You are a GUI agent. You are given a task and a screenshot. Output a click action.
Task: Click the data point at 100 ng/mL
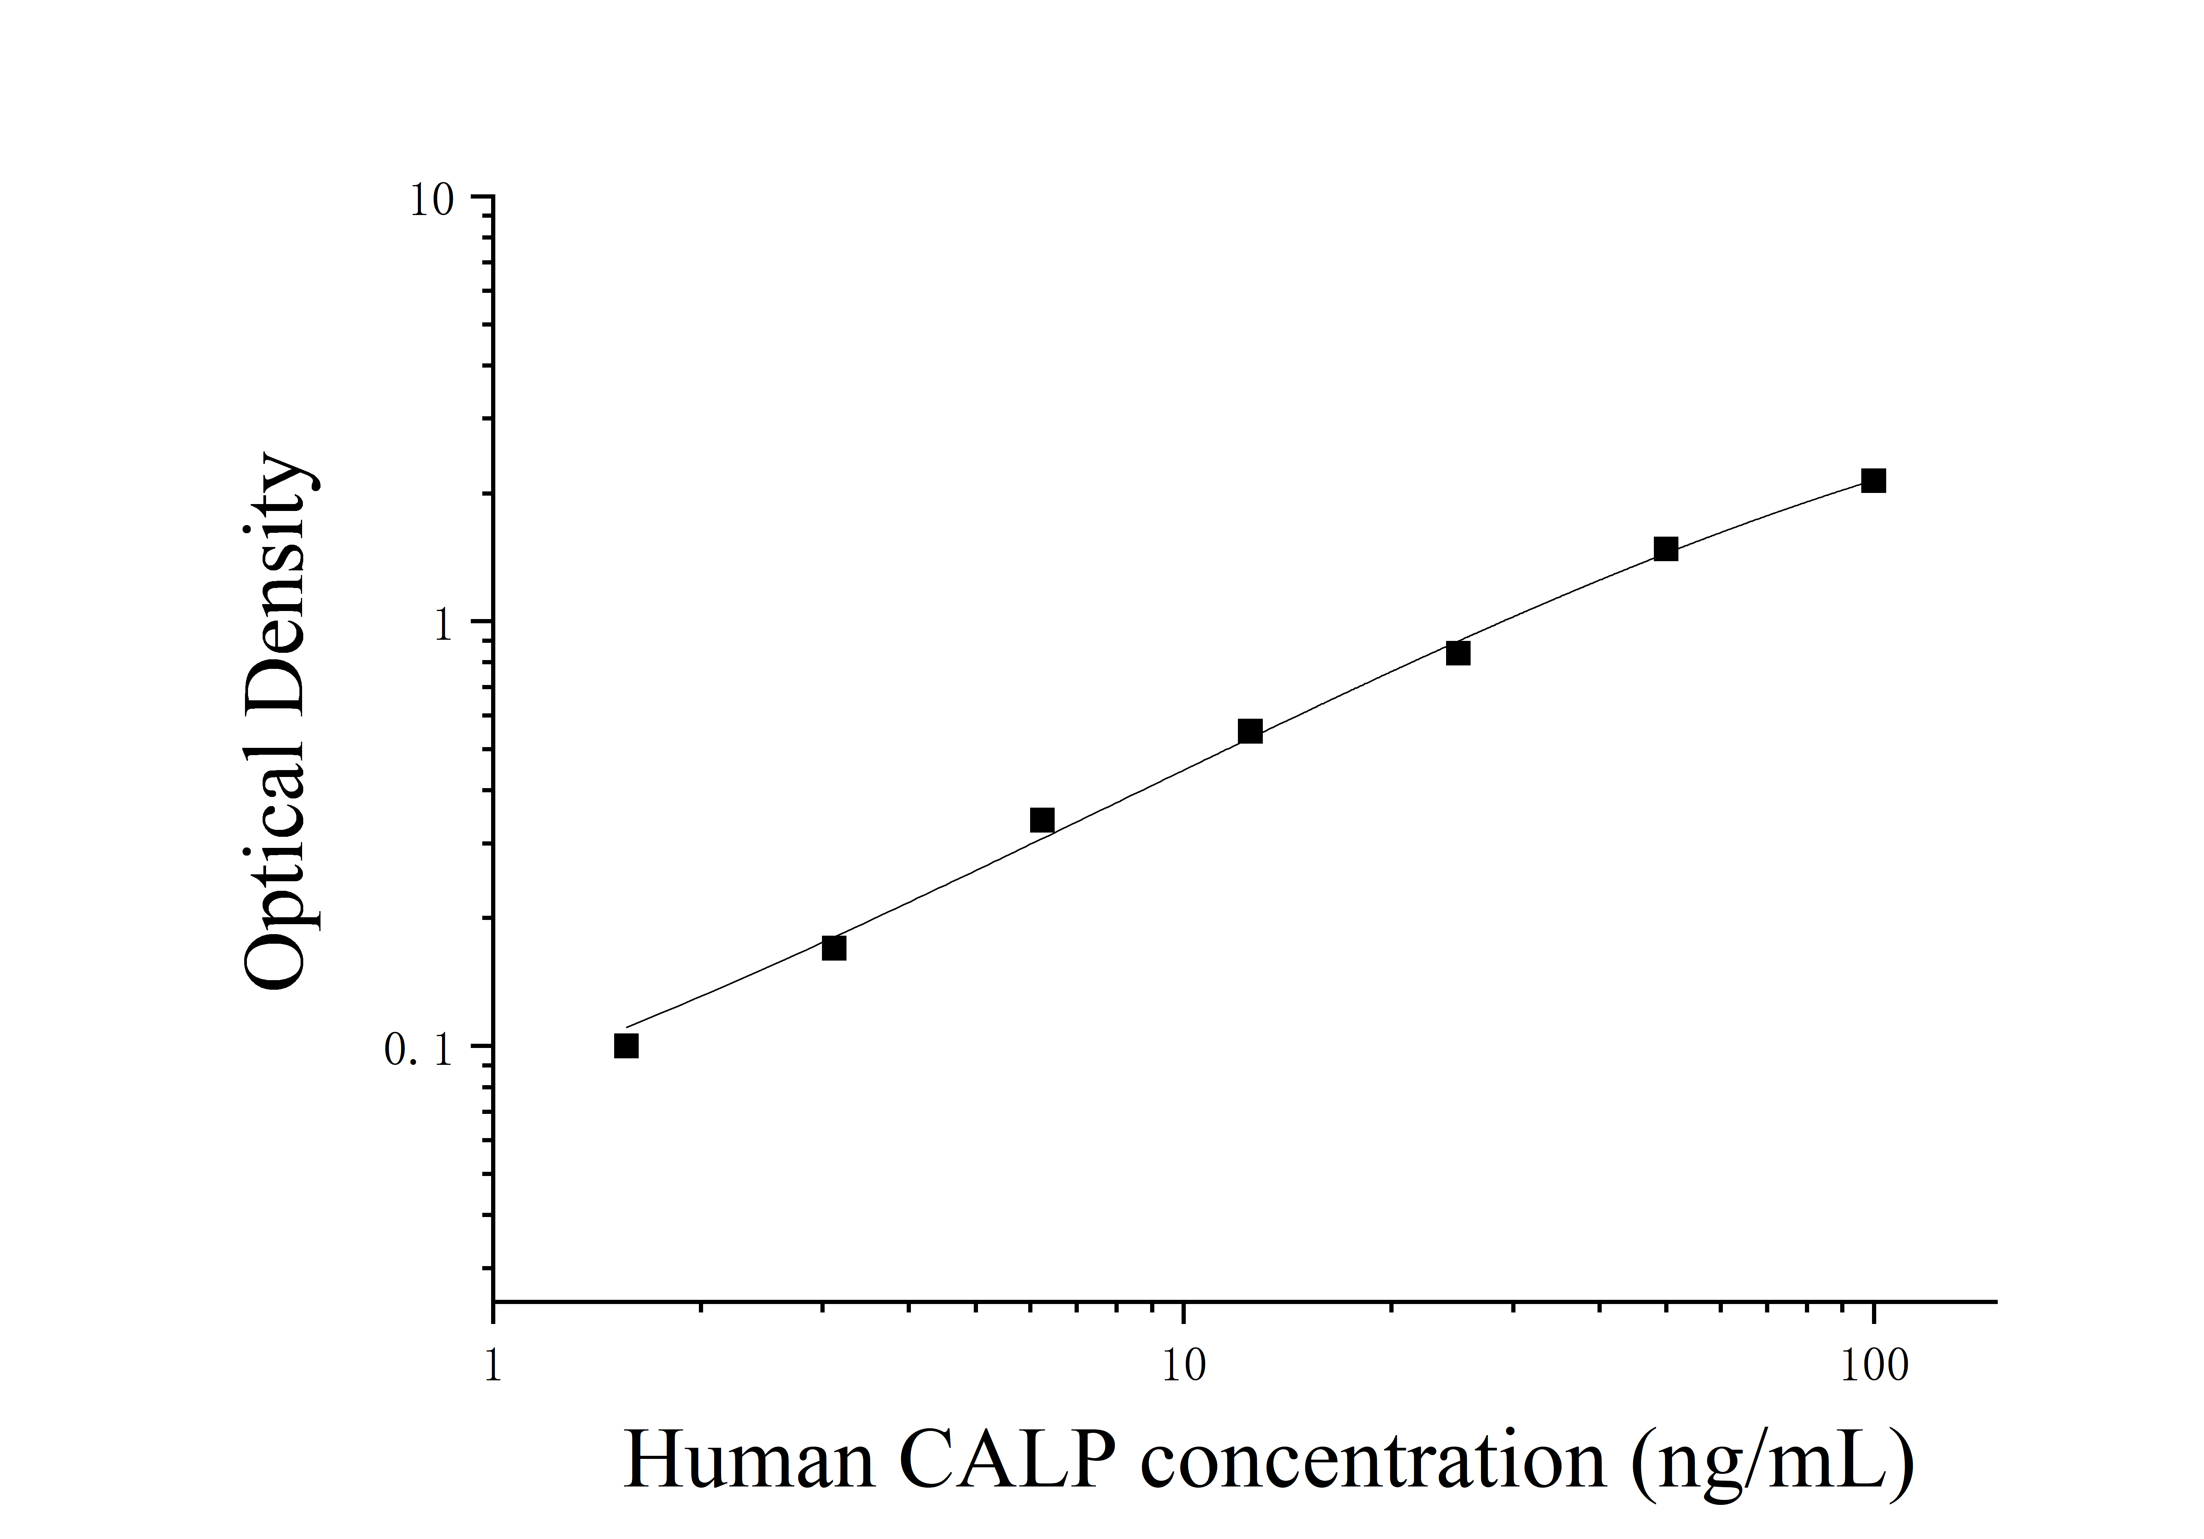click(x=1873, y=481)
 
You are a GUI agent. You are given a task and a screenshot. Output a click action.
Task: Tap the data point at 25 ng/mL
click(x=1458, y=653)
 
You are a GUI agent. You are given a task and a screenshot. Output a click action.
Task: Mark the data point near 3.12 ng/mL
click(x=834, y=948)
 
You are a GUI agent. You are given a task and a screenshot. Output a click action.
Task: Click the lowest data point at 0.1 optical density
click(x=626, y=1046)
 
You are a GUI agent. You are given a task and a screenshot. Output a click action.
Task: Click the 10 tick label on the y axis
click(x=431, y=202)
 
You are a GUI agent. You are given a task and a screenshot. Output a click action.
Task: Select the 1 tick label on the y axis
click(x=442, y=627)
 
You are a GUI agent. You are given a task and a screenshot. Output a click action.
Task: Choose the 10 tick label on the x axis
click(x=1183, y=1365)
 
